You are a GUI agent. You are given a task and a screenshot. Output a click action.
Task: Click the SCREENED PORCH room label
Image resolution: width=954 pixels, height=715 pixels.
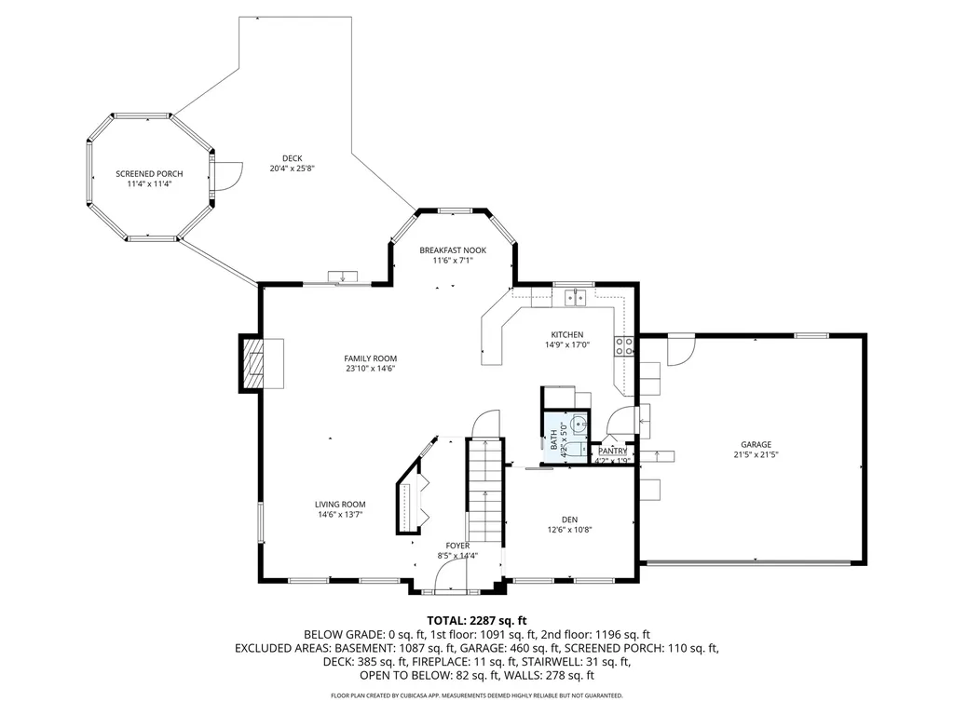pyautogui.click(x=149, y=174)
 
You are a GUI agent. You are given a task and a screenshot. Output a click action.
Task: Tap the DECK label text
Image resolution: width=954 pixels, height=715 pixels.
pyautogui.click(x=293, y=158)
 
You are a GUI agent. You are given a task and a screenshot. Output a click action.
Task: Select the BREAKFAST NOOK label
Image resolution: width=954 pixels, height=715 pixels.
pyautogui.click(x=453, y=250)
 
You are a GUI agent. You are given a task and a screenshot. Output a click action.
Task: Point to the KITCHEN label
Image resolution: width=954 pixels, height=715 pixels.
pyautogui.click(x=566, y=335)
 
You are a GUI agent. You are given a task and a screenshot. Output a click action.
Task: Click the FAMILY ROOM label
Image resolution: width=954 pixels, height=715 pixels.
pyautogui.click(x=371, y=358)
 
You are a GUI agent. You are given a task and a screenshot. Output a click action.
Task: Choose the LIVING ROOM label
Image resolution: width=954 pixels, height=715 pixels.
pyautogui.click(x=340, y=505)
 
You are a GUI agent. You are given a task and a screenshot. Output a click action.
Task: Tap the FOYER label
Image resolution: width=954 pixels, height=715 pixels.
pyautogui.click(x=457, y=546)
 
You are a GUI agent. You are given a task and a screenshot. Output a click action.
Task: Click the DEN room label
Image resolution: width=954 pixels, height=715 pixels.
pyautogui.click(x=569, y=519)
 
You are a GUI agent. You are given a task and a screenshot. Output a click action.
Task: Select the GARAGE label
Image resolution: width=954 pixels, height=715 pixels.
pyautogui.click(x=756, y=444)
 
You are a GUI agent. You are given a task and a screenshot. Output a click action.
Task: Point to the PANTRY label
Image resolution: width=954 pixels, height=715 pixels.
pyautogui.click(x=613, y=452)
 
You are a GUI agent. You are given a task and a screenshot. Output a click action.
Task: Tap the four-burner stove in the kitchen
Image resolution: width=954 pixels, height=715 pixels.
pyautogui.click(x=624, y=347)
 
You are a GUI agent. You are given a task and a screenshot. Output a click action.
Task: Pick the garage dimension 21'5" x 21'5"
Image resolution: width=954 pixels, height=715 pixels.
pyautogui.click(x=756, y=455)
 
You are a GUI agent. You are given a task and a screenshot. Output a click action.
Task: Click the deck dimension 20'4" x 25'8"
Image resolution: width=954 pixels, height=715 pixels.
pyautogui.click(x=293, y=169)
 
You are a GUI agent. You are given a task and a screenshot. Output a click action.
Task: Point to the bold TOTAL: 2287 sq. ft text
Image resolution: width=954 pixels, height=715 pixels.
pyautogui.click(x=477, y=620)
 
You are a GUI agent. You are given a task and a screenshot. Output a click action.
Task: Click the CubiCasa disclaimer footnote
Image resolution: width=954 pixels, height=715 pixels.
pyautogui.click(x=477, y=695)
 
